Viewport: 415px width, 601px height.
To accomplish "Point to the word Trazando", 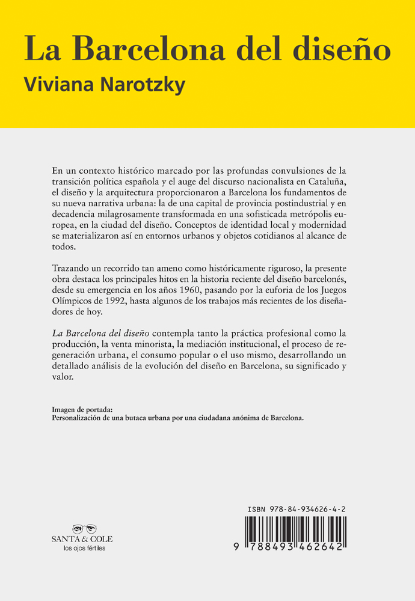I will coord(72,267).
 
